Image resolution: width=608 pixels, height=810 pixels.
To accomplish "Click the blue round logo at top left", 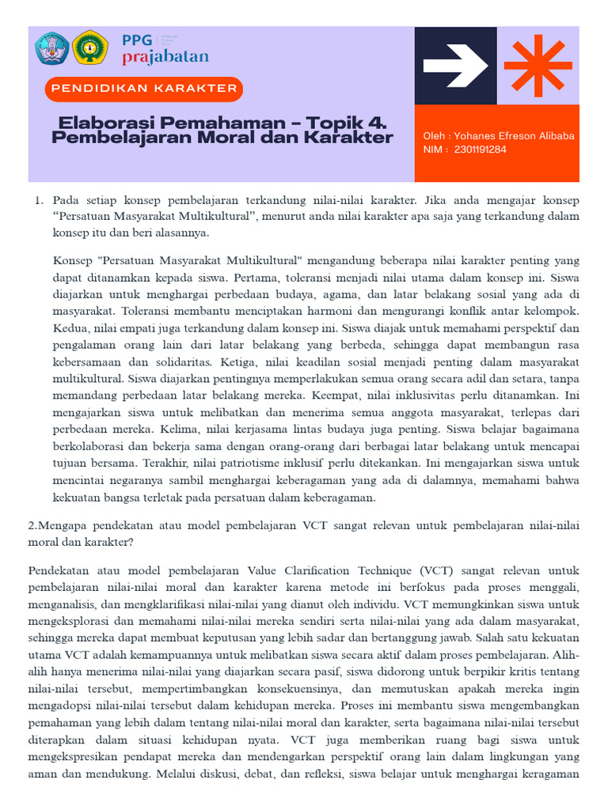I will pyautogui.click(x=51, y=48).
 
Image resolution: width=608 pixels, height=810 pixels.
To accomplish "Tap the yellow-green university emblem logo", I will pyautogui.click(x=90, y=48).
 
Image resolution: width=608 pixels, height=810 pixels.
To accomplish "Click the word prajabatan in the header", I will pyautogui.click(x=165, y=57).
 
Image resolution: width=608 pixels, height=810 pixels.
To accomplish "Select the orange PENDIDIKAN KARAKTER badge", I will pyautogui.click(x=144, y=89).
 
